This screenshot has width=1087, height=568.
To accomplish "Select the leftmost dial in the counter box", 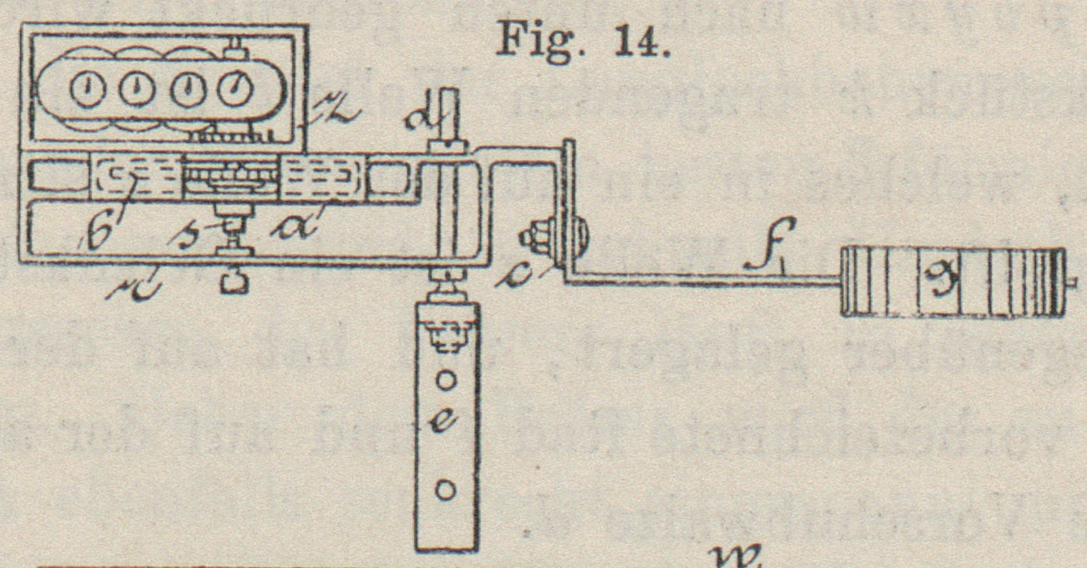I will (87, 90).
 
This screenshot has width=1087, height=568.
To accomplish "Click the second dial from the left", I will (135, 90).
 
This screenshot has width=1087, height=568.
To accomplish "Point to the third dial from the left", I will (185, 90).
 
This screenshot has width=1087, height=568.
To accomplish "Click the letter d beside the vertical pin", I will (439, 115).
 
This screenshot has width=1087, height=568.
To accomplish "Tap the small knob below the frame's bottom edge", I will (233, 282).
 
